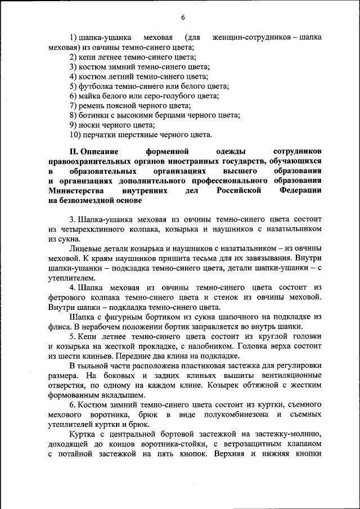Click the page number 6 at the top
pyautogui.click(x=183, y=17)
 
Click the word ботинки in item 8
pyautogui.click(x=93, y=115)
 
